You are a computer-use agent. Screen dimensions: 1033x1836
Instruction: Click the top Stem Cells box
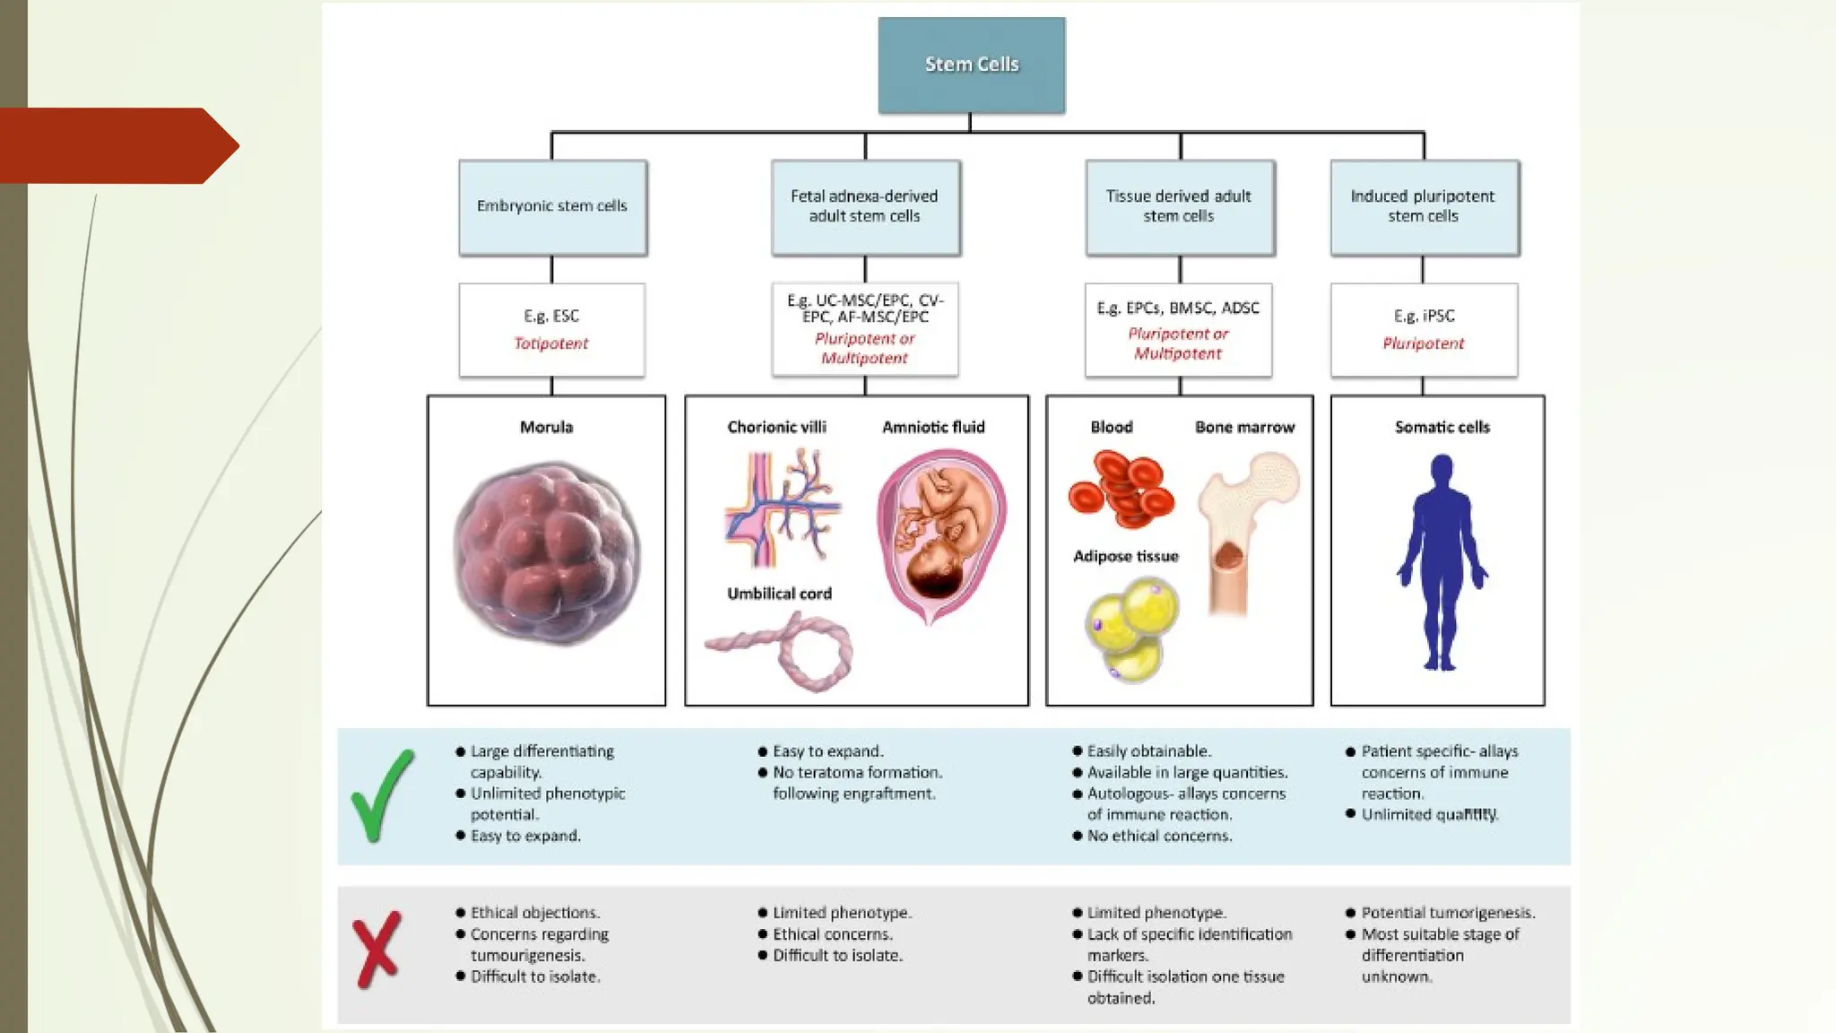point(971,65)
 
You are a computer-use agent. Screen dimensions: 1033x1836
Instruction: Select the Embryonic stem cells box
point(552,206)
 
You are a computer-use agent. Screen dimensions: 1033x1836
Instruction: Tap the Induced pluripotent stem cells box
point(1424,206)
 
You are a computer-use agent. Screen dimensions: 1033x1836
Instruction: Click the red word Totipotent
point(550,343)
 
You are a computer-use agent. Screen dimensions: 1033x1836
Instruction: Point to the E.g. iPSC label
point(1424,316)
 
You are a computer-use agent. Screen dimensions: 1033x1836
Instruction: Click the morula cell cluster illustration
point(547,552)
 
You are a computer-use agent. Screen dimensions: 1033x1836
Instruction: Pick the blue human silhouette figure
point(1441,561)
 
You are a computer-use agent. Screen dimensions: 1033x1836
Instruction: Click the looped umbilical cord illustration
point(789,651)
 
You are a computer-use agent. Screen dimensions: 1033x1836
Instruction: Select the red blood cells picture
point(1121,489)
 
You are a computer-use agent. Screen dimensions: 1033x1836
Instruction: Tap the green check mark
point(382,795)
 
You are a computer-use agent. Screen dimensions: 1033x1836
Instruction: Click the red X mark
point(377,950)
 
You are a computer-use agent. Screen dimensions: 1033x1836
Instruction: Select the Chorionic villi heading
point(776,427)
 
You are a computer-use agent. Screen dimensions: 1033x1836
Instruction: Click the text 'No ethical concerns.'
point(1159,836)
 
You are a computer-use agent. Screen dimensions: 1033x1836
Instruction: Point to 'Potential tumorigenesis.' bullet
point(1448,913)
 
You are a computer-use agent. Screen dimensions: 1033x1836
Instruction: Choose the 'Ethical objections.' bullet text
point(535,913)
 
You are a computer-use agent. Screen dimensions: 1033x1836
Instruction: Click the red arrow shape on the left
point(117,145)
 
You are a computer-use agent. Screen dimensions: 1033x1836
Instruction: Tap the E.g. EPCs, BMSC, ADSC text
point(1178,308)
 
